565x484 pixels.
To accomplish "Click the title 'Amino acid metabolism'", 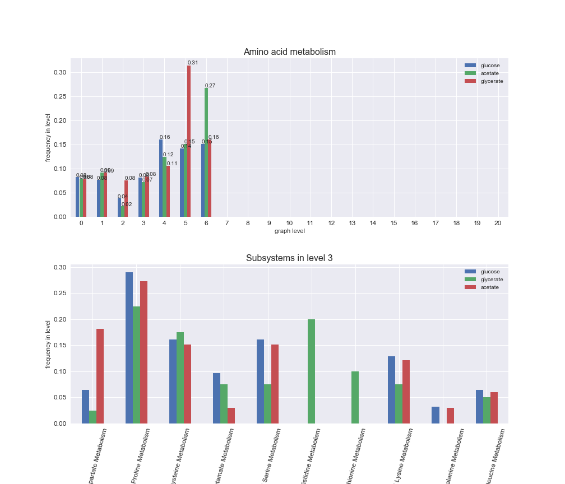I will (x=289, y=52).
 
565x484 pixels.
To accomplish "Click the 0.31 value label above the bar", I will (x=193, y=63).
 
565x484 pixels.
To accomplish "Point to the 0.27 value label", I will (x=210, y=86).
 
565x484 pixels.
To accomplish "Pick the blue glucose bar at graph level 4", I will (x=161, y=178).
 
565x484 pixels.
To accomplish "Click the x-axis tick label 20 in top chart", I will (x=498, y=223).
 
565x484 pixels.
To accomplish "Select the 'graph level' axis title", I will (x=289, y=231).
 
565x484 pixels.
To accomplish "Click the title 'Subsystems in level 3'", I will (x=289, y=258).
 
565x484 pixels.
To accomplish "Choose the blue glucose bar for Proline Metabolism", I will (x=129, y=348).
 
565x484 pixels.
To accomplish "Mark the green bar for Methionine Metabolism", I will (x=355, y=397).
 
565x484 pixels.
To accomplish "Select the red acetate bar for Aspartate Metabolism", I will (x=100, y=376).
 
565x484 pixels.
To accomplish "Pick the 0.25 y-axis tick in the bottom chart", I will (x=59, y=294).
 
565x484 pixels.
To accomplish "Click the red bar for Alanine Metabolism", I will (x=450, y=416).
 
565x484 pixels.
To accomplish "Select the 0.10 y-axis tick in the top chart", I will (x=59, y=169).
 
